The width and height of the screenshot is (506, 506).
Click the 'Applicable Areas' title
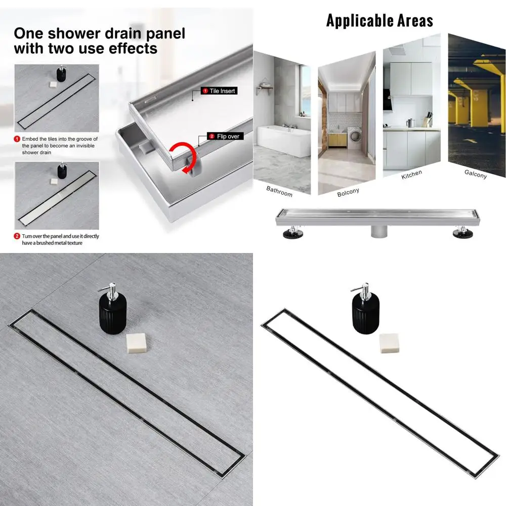[x=379, y=21]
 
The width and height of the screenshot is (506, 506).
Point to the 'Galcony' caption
[x=475, y=174]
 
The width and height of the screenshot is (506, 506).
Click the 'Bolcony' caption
[x=348, y=192]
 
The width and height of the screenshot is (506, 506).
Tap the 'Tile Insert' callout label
[x=219, y=91]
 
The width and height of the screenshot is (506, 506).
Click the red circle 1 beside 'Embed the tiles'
[x=17, y=139]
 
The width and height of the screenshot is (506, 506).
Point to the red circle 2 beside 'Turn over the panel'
[x=17, y=236]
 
